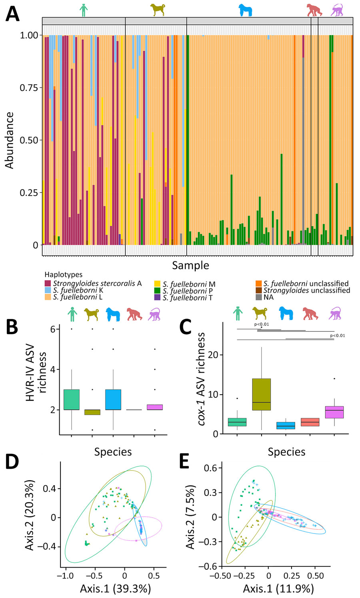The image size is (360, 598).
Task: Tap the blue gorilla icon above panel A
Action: tap(245, 10)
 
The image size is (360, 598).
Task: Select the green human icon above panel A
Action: tap(83, 10)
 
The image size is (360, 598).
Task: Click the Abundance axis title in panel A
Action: tap(9, 140)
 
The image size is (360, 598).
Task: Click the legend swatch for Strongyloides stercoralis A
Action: tap(48, 283)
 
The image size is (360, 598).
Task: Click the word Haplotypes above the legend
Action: tap(64, 275)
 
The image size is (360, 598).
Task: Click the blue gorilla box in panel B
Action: tap(113, 399)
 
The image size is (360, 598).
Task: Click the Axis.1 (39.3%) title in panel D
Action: tap(115, 588)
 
